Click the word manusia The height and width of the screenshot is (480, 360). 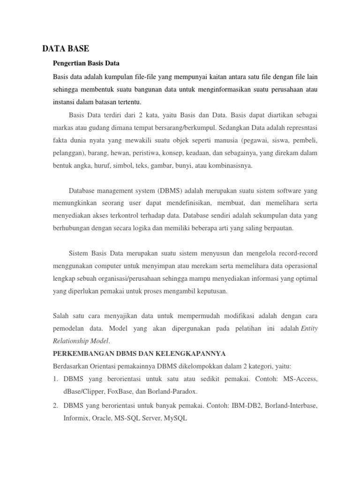(232, 141)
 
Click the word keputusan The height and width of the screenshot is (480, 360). (211, 292)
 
